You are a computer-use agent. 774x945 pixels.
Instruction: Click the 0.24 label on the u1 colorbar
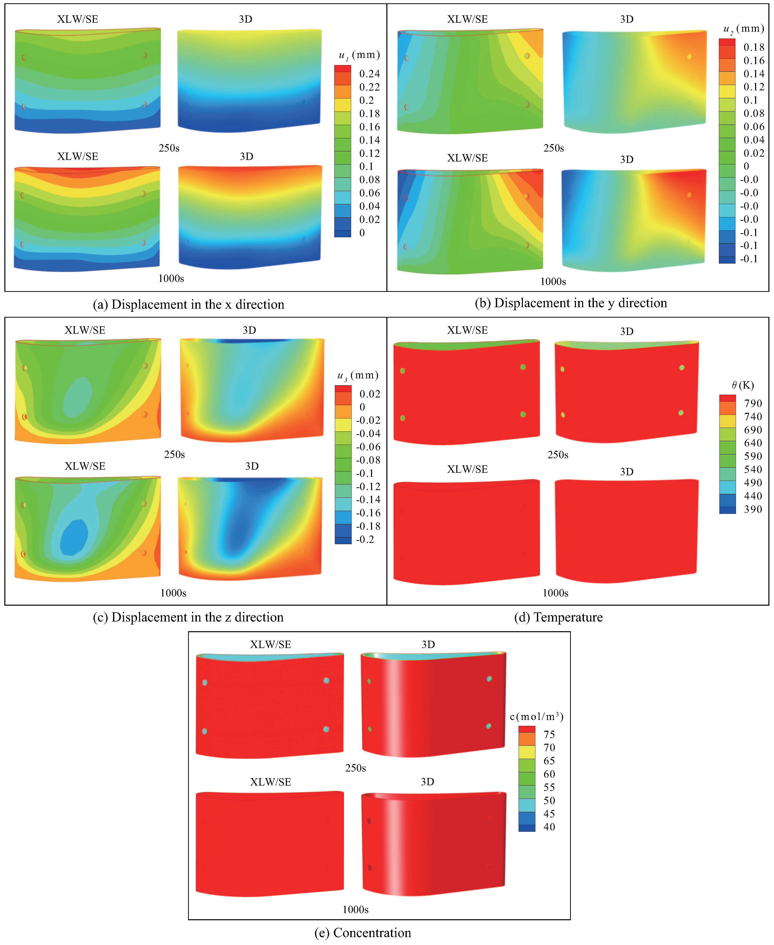369,73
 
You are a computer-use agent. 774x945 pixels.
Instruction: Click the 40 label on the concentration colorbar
549,827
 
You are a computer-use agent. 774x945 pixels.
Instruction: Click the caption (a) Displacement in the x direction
188,304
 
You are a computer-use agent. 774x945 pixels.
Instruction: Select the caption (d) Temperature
558,617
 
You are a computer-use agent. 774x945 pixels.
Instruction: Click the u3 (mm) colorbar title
358,375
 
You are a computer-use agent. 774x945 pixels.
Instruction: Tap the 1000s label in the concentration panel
355,909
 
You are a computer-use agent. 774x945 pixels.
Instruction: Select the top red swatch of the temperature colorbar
727,397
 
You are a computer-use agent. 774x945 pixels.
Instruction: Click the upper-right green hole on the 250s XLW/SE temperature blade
523,367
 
